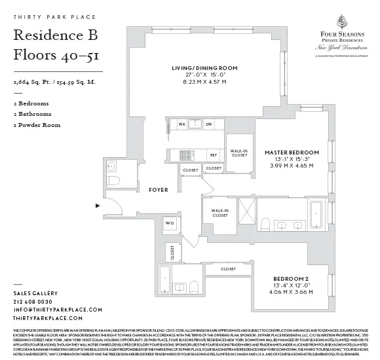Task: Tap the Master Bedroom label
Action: (292, 153)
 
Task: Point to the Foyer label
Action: (158, 190)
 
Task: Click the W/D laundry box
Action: (170, 223)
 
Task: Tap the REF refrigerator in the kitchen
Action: (213, 154)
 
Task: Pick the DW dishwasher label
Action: (208, 123)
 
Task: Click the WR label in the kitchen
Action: (183, 123)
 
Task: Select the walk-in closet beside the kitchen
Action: (238, 153)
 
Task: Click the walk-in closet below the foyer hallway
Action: (219, 212)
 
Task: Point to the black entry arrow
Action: (99, 206)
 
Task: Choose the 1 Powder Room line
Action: (37, 124)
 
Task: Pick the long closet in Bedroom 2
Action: (228, 269)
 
